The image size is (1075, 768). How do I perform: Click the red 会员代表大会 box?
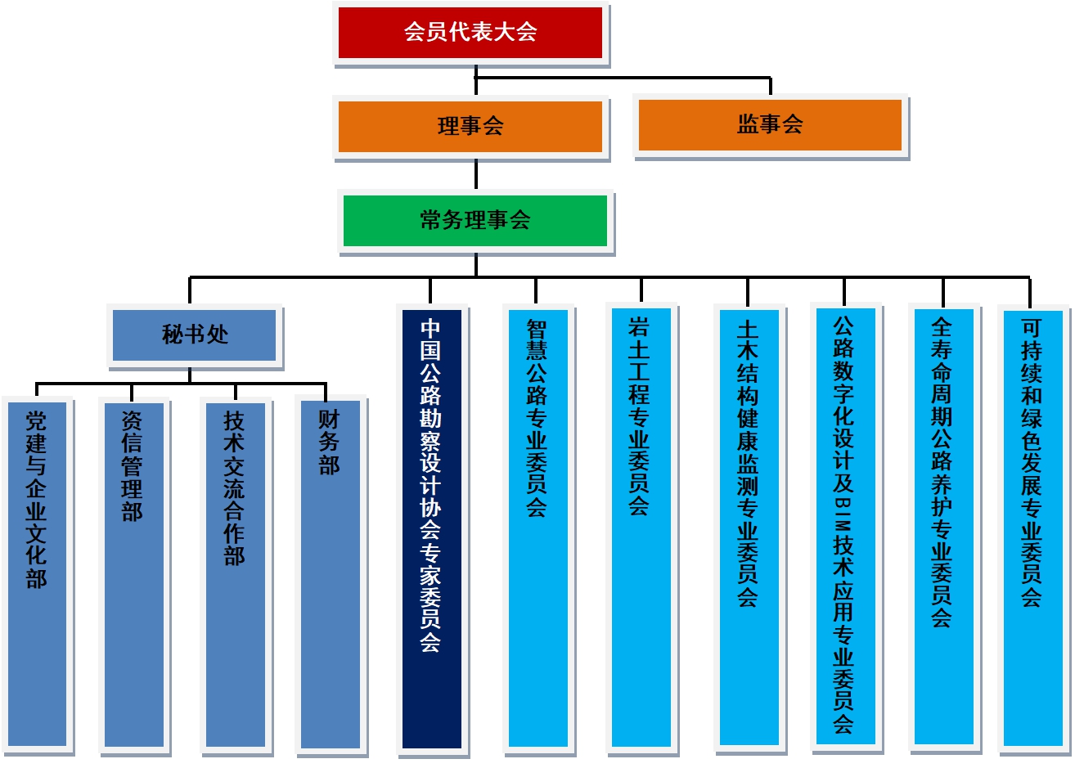470,33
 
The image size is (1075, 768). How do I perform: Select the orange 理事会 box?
470,126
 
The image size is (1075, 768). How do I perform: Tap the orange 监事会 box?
770,124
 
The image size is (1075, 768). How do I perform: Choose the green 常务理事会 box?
475,220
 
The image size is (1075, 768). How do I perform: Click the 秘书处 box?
195,335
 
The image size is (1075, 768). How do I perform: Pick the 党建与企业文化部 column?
36,573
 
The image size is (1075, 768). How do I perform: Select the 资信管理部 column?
133,573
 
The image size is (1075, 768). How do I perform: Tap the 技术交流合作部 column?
235,573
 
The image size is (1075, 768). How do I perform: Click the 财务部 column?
330,573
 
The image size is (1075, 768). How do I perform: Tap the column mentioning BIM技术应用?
845,573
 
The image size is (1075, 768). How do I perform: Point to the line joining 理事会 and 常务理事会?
475,175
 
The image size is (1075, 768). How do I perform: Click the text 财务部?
329,442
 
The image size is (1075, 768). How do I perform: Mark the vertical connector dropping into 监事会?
770,87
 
